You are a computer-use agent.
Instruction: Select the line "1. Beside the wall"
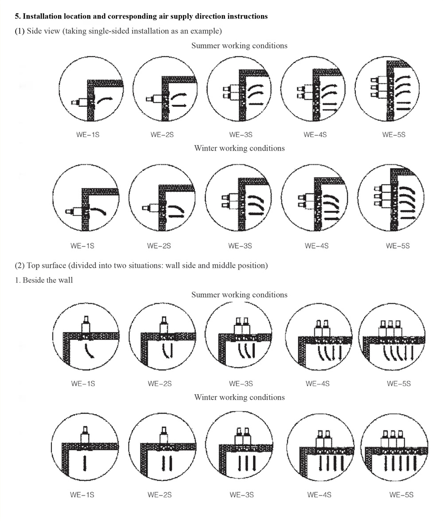(44, 280)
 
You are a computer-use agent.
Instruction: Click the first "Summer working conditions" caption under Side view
(239, 46)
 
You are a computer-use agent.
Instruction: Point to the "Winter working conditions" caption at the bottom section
(239, 397)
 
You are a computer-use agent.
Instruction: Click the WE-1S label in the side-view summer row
(88, 135)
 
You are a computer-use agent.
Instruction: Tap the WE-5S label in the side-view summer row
(394, 135)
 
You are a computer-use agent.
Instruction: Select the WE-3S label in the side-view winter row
(240, 246)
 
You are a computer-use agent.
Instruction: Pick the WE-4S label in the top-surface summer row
(318, 384)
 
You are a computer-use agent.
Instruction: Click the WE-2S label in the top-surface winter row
(159, 495)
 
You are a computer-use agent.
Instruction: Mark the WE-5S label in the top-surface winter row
(401, 495)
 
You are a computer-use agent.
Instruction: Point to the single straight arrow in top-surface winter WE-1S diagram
(85, 463)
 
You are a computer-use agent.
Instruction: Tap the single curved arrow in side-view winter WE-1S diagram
(99, 211)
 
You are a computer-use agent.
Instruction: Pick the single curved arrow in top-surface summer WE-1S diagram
(89, 351)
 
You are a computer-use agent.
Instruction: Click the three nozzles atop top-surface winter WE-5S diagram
(393, 439)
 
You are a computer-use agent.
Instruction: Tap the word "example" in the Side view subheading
(205, 31)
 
